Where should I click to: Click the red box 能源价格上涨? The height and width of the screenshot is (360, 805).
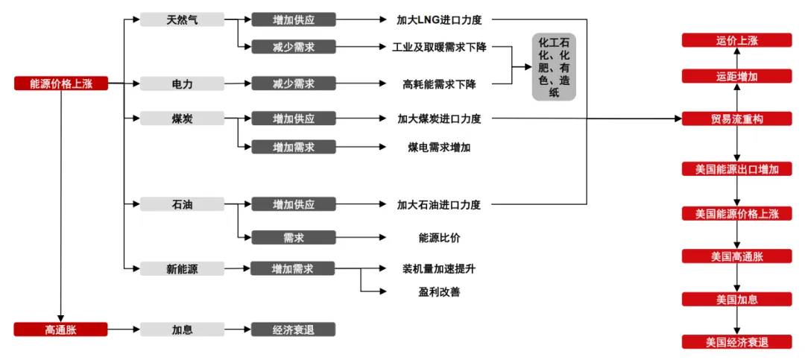click(x=61, y=83)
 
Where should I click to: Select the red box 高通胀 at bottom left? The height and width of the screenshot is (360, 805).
click(x=61, y=329)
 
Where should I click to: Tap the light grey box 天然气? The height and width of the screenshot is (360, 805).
click(x=182, y=19)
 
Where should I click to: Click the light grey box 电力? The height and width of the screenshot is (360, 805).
click(x=182, y=83)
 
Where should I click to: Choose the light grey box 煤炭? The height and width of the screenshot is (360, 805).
click(x=182, y=119)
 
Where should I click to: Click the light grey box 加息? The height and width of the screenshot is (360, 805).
click(x=182, y=329)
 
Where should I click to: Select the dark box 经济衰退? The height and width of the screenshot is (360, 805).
click(x=293, y=329)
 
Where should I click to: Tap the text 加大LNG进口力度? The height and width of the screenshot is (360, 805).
click(x=439, y=19)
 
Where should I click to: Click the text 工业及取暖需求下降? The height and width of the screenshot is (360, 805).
click(x=439, y=47)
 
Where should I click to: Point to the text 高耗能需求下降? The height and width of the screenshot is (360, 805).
click(x=439, y=83)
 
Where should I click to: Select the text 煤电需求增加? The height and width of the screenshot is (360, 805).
click(x=439, y=147)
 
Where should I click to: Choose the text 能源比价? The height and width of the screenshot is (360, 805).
click(x=439, y=237)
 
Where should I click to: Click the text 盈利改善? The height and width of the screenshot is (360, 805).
click(x=439, y=291)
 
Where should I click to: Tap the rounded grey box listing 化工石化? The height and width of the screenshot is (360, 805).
click(x=554, y=67)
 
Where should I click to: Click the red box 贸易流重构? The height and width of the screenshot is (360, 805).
click(x=736, y=119)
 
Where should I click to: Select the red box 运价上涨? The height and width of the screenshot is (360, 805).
click(x=736, y=40)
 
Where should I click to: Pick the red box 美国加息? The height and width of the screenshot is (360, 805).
click(x=736, y=299)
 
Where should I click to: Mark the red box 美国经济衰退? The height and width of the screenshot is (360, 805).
click(x=736, y=342)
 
